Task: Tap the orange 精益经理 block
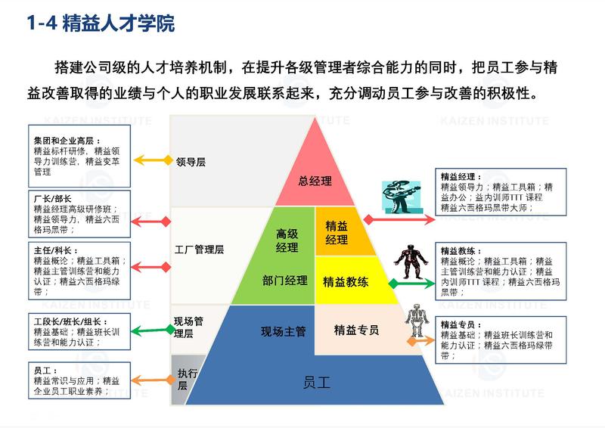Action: point(337,232)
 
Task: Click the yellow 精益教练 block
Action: point(346,281)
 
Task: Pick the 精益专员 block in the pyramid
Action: point(356,330)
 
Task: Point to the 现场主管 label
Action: point(283,331)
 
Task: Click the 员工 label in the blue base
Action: point(316,382)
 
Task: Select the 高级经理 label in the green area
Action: point(287,240)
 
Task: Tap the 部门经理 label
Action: point(285,281)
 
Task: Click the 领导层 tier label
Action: point(191,161)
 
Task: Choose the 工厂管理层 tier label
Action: point(199,250)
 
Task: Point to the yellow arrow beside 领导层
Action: point(154,160)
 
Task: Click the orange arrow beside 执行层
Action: point(153,380)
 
